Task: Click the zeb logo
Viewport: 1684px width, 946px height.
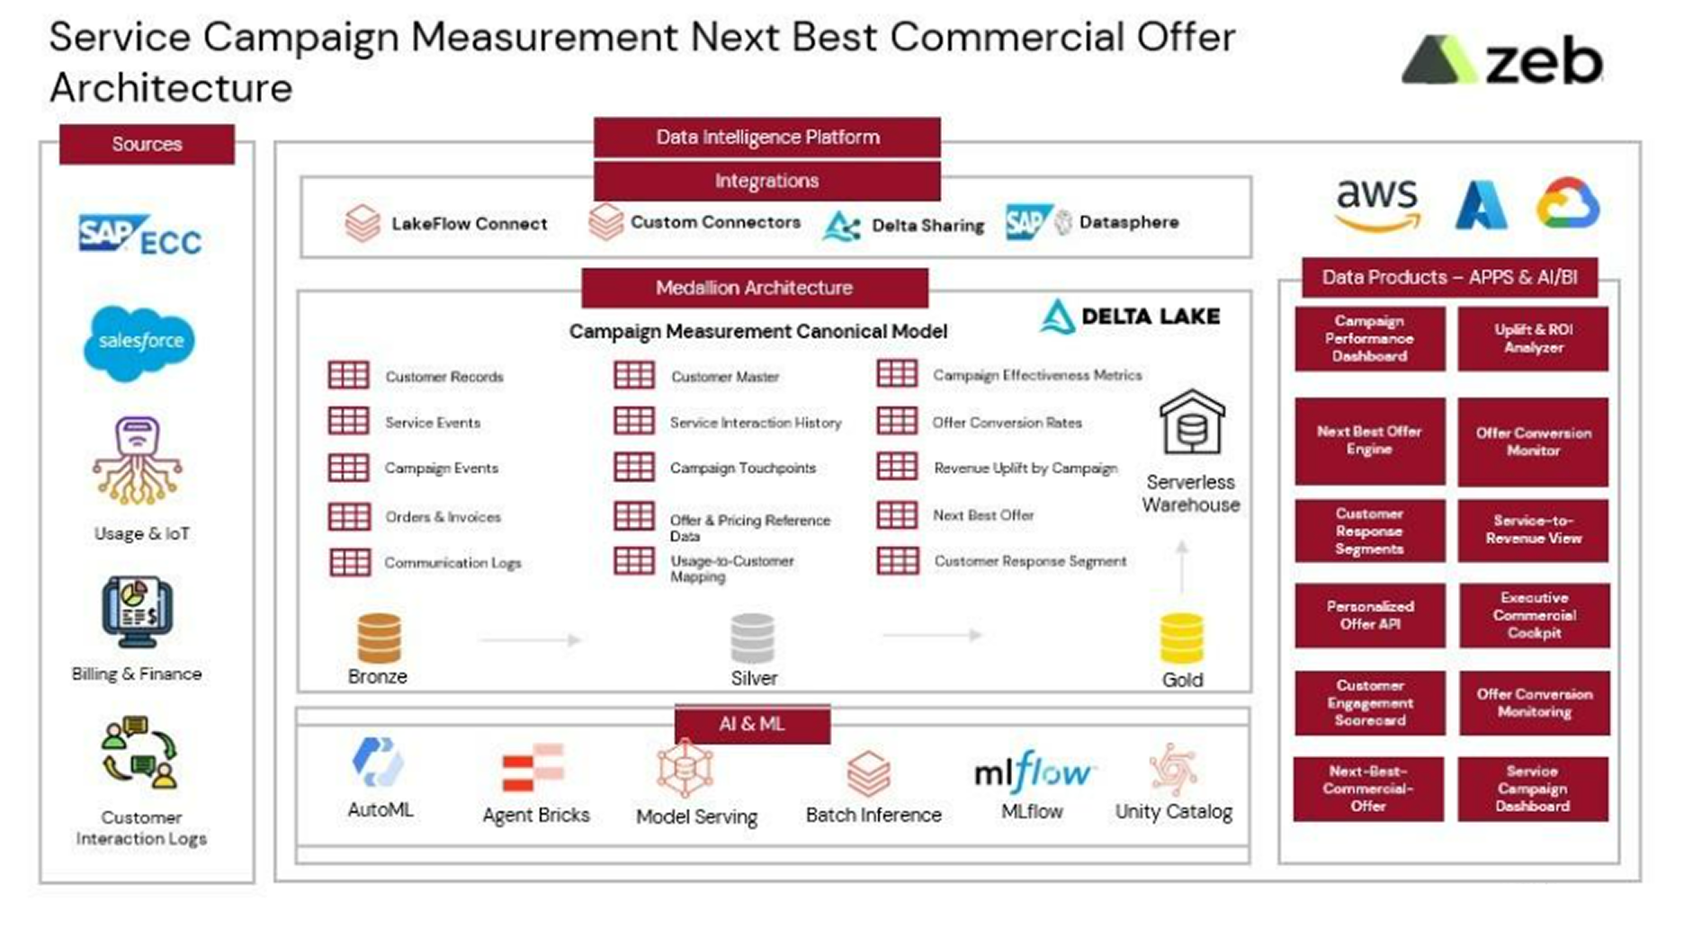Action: [1502, 60]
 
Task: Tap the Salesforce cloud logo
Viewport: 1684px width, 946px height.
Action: [139, 343]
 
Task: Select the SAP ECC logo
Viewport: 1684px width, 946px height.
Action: [139, 236]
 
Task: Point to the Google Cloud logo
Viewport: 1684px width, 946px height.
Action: [1568, 203]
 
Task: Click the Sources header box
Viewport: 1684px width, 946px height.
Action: [147, 144]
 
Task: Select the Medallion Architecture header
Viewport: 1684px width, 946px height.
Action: [755, 288]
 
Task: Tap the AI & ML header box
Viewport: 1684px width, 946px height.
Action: [752, 724]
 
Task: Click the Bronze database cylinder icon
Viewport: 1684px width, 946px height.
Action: [379, 638]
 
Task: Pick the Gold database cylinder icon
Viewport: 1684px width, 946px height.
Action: [1181, 638]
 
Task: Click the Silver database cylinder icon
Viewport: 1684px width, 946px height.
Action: [752, 638]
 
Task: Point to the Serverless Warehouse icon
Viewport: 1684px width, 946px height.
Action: [1192, 423]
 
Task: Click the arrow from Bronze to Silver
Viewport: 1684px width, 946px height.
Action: [531, 639]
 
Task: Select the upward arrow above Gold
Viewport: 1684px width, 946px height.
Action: [1182, 567]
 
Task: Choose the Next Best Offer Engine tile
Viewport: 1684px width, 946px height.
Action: [1370, 441]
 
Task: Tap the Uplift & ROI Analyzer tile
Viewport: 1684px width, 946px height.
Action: [1533, 338]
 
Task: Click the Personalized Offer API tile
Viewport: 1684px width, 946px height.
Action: [1370, 615]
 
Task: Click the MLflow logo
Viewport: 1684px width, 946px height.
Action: [1033, 772]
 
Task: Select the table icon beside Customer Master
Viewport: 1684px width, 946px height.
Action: [634, 375]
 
